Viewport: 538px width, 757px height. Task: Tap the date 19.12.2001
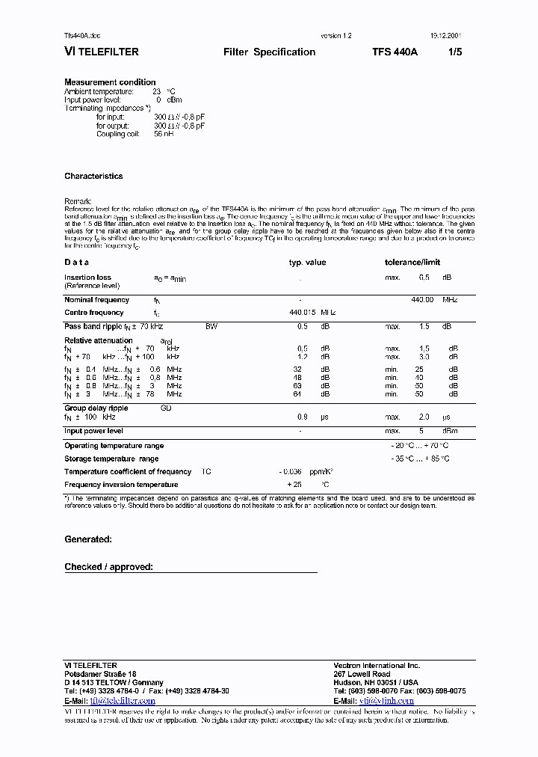coord(445,36)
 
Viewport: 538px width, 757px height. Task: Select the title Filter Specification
coord(269,52)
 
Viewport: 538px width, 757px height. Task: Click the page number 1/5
coord(455,52)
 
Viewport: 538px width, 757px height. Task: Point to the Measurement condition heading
coord(110,82)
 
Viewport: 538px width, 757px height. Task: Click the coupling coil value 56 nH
coord(164,134)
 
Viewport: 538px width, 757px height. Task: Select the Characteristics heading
coord(93,177)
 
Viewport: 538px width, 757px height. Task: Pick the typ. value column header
coord(307,263)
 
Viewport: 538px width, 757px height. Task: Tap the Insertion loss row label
coord(87,278)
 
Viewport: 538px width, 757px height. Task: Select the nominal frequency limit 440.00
coord(422,300)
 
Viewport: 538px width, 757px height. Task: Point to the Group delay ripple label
coord(96,408)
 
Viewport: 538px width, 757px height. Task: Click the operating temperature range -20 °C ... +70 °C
coord(419,445)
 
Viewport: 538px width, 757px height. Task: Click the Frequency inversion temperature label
coord(121,485)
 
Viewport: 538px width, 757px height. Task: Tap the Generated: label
coord(88,539)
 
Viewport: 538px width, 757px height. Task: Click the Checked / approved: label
coord(108,567)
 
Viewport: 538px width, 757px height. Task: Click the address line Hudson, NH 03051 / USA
coord(376,683)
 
